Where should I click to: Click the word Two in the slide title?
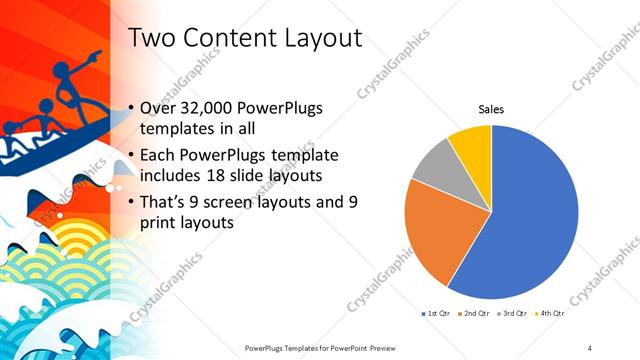pyautogui.click(x=155, y=38)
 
